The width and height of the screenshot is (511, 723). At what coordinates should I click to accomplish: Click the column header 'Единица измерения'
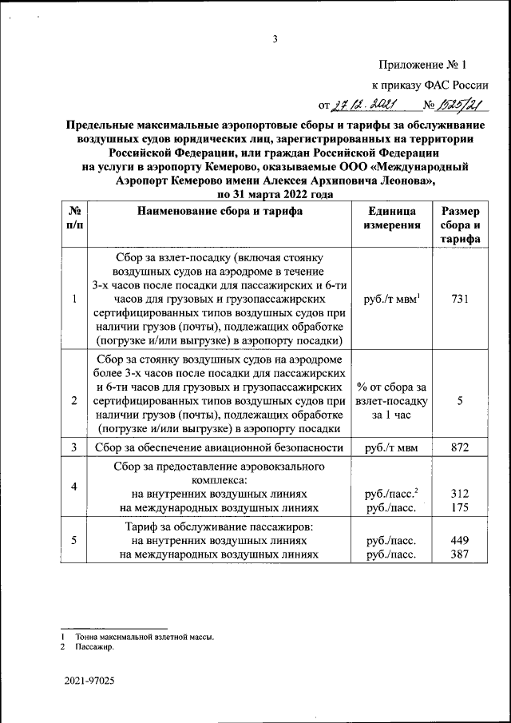pyautogui.click(x=390, y=218)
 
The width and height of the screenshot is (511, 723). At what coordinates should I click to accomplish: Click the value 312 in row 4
pyautogui.click(x=460, y=495)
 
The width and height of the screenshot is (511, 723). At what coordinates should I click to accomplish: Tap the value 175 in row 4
pyautogui.click(x=460, y=507)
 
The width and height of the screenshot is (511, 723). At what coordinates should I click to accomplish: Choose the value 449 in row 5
pyautogui.click(x=460, y=541)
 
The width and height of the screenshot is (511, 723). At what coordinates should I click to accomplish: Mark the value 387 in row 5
pyautogui.click(x=460, y=554)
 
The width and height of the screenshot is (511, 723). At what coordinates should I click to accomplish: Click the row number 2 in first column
pyautogui.click(x=73, y=401)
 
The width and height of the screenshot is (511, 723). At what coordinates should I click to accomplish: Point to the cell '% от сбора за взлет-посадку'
pyautogui.click(x=390, y=401)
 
